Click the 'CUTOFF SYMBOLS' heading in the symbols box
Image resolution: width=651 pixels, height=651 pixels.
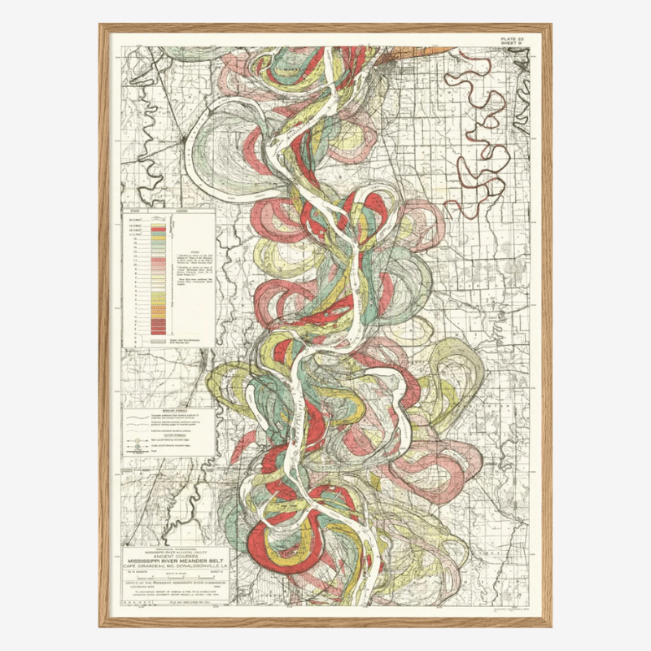click(x=169, y=435)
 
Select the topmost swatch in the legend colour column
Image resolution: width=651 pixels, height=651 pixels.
click(x=158, y=220)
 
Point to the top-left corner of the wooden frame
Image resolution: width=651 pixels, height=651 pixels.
click(x=101, y=26)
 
